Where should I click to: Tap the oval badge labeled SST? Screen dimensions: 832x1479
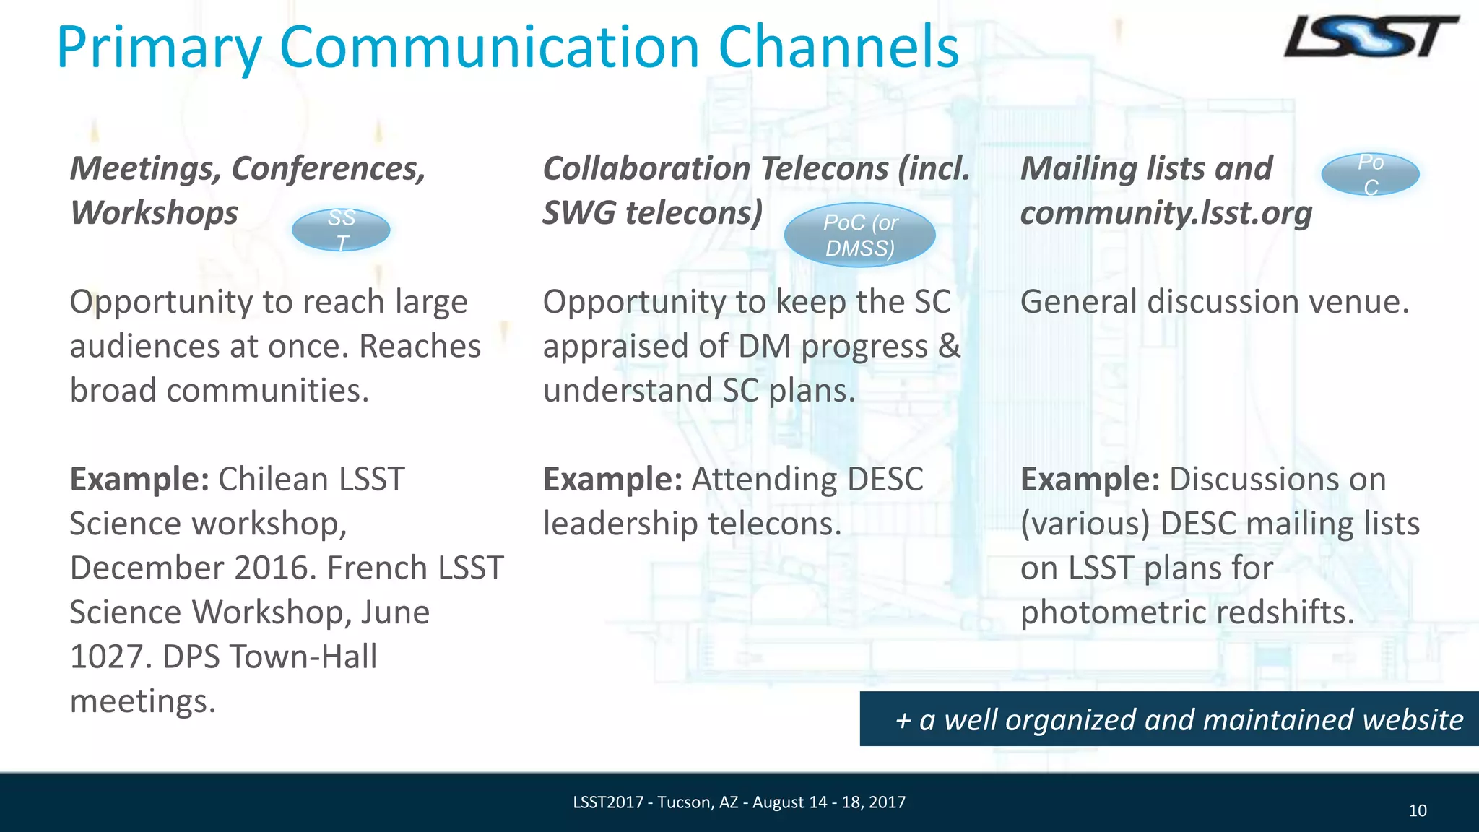[x=341, y=230]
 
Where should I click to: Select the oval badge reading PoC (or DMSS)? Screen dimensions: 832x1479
[x=859, y=235]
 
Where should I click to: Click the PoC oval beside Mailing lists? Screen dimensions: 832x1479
[x=1370, y=174]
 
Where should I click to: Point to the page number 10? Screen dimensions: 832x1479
[x=1417, y=811]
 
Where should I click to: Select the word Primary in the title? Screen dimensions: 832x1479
[x=159, y=48]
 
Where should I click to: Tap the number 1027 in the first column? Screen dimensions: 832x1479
[x=108, y=656]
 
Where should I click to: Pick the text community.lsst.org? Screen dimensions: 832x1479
[x=1166, y=213]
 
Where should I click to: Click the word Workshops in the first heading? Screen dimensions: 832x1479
[x=154, y=213]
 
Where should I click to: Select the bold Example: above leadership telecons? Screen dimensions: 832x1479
[x=612, y=480]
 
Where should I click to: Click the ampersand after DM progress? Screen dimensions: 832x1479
[x=950, y=347]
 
